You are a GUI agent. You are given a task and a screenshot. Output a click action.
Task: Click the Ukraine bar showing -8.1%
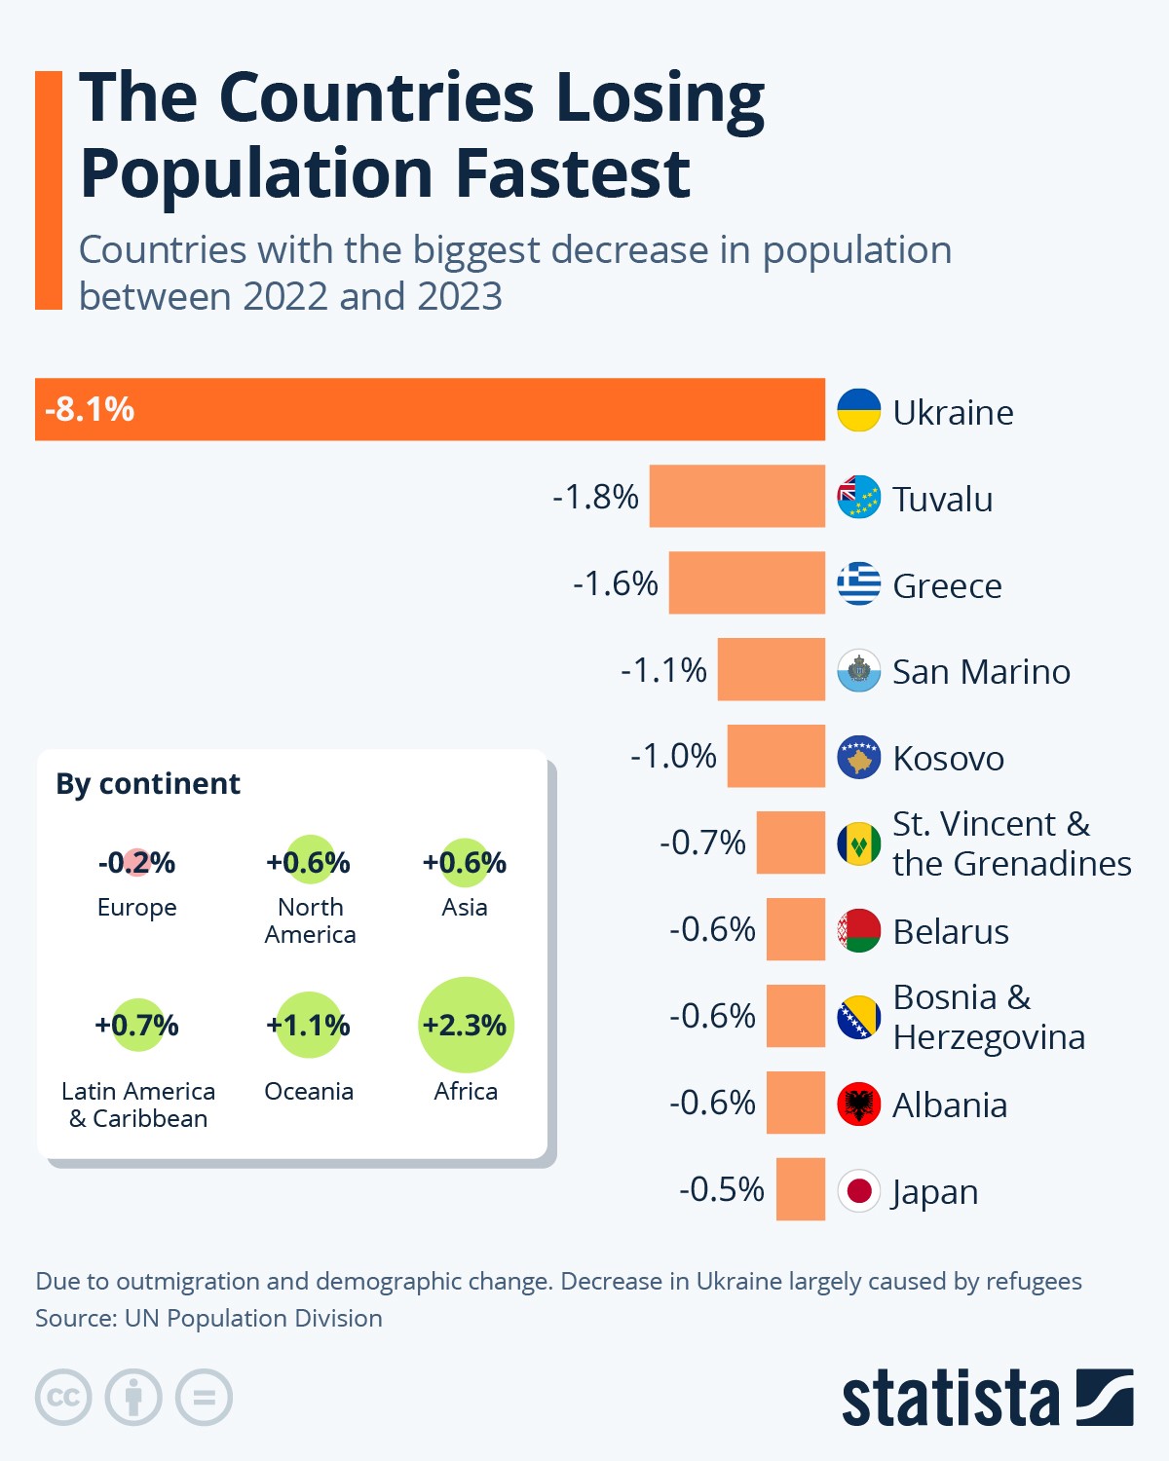coord(429,409)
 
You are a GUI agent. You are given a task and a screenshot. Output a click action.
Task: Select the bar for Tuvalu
coord(736,497)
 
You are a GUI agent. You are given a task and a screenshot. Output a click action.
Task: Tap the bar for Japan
coord(800,1189)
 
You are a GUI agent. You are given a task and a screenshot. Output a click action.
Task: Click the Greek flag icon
coord(858,583)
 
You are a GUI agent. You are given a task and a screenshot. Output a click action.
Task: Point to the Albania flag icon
coord(858,1104)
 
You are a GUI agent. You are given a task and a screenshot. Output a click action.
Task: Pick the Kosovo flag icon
coord(858,757)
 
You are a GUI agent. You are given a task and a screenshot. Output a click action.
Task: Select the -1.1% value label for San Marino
coord(663,670)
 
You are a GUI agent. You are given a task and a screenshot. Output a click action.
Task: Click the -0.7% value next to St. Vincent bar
coord(702,843)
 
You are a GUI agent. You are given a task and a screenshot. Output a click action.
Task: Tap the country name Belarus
coord(950,932)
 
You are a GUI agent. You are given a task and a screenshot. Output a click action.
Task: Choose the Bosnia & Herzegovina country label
coord(988,1017)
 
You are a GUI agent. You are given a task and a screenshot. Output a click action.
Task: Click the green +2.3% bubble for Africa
coord(466,1025)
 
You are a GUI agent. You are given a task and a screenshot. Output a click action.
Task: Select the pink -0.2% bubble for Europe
coord(136,862)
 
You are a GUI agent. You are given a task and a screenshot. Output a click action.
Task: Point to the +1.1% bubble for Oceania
coord(309,1025)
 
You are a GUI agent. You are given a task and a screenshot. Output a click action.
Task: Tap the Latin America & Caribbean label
coord(138,1105)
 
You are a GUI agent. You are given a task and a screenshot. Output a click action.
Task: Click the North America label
coord(310,920)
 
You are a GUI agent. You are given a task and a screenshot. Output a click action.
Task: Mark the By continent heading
coord(148,784)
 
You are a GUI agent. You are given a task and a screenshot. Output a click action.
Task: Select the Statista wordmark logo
coord(950,1399)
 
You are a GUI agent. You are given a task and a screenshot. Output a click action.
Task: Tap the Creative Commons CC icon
coord(63,1398)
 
